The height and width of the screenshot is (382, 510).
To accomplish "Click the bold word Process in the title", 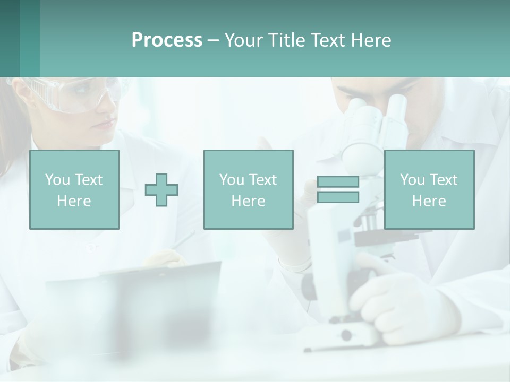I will click(167, 40).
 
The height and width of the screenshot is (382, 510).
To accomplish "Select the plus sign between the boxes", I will click(161, 190).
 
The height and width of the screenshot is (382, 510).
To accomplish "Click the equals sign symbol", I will click(338, 189).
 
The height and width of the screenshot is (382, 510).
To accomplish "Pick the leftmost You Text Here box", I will click(74, 189).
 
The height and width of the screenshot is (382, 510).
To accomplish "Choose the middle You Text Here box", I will click(248, 189).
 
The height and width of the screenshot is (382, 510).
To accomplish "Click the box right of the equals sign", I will click(429, 189).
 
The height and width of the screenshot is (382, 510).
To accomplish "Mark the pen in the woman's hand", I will click(183, 241).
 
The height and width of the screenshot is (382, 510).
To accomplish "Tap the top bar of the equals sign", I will click(338, 181).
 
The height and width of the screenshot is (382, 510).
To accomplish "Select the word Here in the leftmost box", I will click(74, 201).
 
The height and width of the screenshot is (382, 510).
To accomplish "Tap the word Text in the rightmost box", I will click(444, 180).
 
